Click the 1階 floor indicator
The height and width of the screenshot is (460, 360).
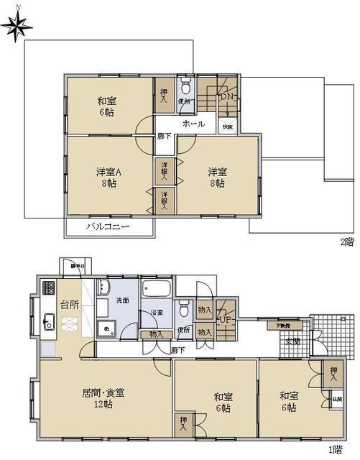tap(336, 450)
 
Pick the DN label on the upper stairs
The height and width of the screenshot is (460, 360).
tap(226, 97)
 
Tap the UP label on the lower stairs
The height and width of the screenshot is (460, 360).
tap(225, 319)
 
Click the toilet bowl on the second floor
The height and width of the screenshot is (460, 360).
tap(185, 89)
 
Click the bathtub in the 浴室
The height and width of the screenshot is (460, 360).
tap(155, 291)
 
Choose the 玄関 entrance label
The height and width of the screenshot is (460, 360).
tap(292, 341)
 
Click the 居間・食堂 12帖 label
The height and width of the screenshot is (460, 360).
tap(103, 398)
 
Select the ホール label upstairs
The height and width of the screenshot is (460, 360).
tap(193, 124)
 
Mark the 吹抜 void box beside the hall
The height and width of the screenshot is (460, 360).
tap(227, 126)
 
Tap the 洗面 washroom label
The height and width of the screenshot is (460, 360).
tap(122, 300)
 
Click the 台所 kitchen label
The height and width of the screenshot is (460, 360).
tap(69, 305)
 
